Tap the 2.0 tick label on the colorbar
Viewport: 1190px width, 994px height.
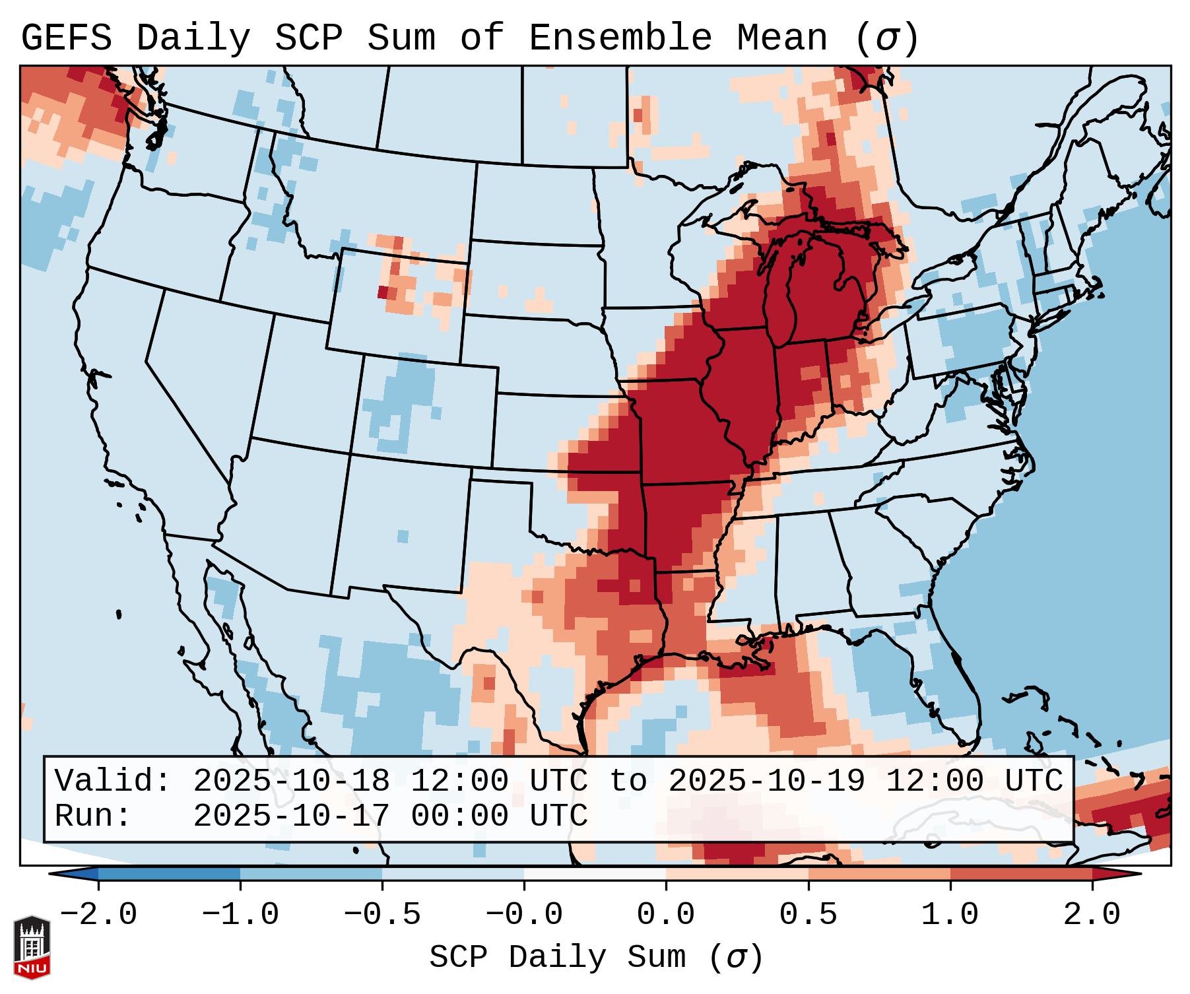tap(1092, 915)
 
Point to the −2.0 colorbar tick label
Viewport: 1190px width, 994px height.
tap(98, 915)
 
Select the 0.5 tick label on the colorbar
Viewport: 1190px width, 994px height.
tap(808, 915)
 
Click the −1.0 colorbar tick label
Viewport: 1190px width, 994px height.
tap(240, 915)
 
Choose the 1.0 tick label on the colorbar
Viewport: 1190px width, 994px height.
tap(950, 915)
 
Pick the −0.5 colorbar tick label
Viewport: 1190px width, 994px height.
tap(382, 915)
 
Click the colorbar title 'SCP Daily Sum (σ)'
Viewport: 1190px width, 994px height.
tap(596, 957)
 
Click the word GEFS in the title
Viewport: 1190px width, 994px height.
tap(66, 38)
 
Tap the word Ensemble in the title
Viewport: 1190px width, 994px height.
tap(620, 38)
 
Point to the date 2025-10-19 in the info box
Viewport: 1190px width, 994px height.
tap(766, 781)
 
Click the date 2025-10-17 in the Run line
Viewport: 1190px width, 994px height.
tap(291, 816)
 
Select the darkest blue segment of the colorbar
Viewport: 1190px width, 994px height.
tap(169, 874)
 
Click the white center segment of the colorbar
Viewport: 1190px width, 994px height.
tap(595, 874)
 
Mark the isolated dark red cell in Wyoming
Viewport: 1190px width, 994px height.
tap(383, 292)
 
